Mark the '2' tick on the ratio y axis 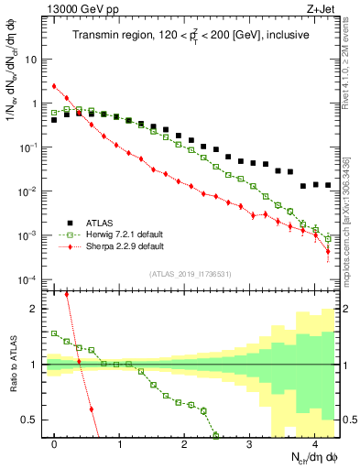tap(34, 309)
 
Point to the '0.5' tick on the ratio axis tap(29, 420)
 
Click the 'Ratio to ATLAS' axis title tap(12, 365)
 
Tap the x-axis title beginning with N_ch tap(308, 458)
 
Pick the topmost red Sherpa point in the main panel tap(55, 86)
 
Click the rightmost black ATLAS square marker tap(328, 185)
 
